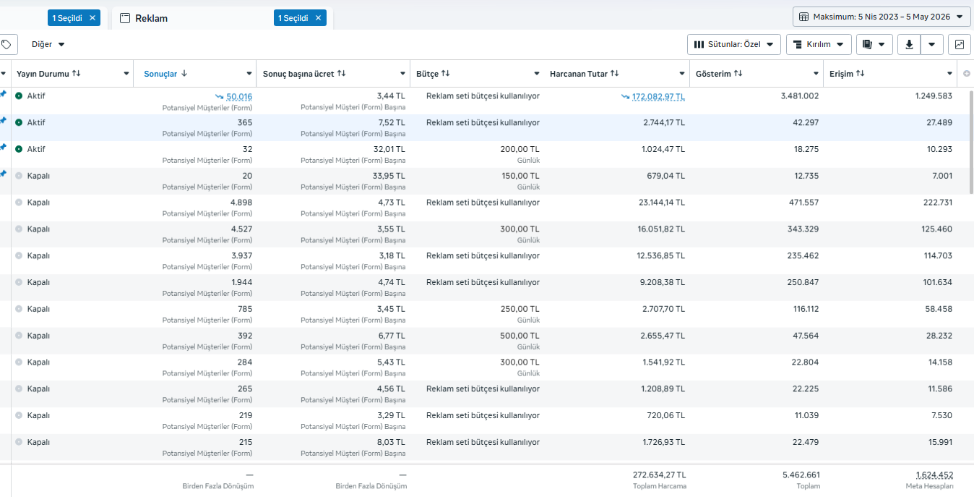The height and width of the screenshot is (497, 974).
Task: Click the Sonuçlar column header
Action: tap(160, 74)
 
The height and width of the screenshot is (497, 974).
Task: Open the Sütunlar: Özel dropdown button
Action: tap(733, 44)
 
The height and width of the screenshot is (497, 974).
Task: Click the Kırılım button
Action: tap(819, 44)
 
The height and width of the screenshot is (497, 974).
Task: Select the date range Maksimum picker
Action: tap(882, 17)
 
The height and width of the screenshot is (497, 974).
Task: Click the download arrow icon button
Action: tap(909, 44)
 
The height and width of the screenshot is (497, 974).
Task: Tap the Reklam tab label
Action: tap(151, 18)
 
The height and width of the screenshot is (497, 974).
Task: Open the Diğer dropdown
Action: tap(48, 44)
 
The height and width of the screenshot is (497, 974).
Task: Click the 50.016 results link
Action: tap(239, 97)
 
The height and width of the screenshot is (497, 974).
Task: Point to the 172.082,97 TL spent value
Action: tap(658, 97)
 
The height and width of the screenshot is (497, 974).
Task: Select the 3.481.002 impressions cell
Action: tap(800, 95)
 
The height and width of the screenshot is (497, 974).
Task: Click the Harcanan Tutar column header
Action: tap(578, 74)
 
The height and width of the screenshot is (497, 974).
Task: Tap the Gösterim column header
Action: tap(713, 74)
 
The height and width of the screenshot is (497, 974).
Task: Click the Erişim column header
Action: tap(841, 74)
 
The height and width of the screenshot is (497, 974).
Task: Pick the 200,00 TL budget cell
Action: tap(520, 149)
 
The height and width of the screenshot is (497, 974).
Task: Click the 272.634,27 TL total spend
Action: tap(659, 475)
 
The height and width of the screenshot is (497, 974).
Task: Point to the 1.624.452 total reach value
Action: tap(934, 475)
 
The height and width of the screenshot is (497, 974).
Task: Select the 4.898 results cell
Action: tap(241, 203)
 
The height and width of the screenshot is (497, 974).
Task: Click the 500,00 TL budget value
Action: tap(520, 336)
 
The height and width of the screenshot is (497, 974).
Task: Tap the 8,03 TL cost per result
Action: tap(391, 442)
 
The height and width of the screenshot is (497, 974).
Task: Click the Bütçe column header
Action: tap(427, 74)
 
